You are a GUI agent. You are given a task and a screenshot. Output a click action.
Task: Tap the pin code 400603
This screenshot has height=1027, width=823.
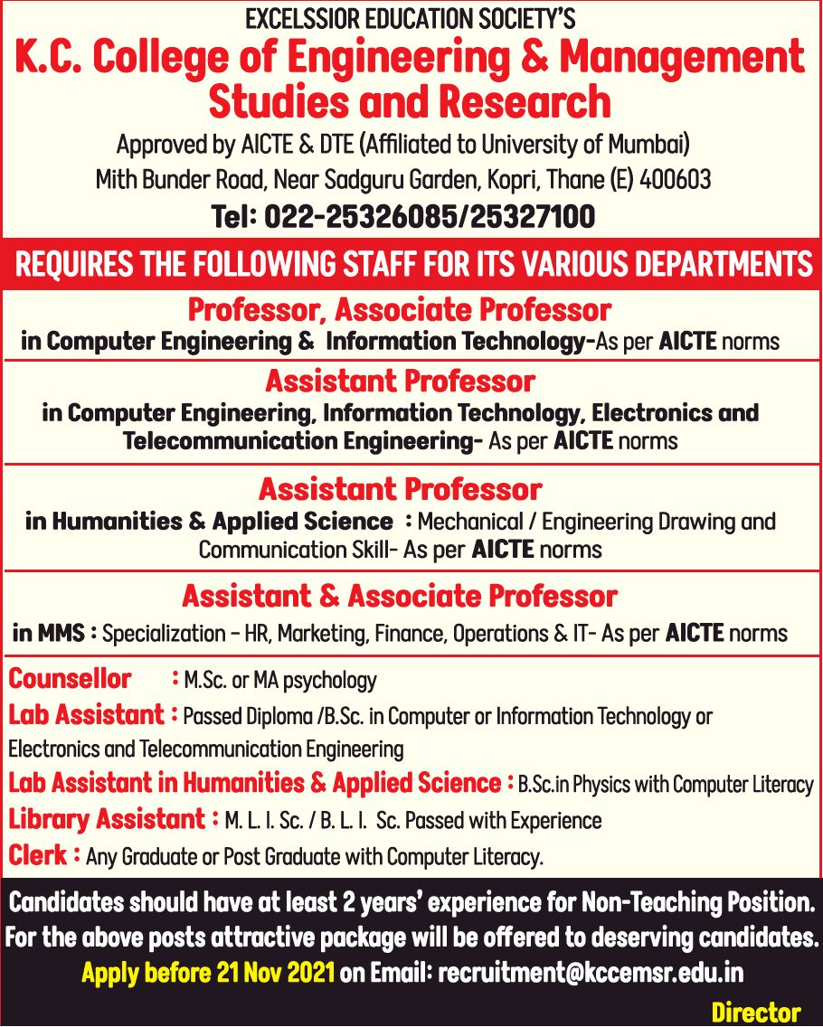click(x=676, y=179)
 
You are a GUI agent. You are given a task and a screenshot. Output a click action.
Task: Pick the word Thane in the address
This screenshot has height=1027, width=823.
click(x=576, y=179)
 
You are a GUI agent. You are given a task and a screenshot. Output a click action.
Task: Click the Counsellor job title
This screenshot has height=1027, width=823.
click(x=70, y=679)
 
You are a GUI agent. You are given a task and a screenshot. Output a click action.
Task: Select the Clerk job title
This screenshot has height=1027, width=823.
click(x=38, y=854)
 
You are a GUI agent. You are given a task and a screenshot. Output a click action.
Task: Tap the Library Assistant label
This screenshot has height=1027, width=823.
click(x=107, y=820)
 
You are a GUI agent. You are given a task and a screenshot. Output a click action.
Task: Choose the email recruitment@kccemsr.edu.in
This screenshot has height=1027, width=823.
click(x=591, y=974)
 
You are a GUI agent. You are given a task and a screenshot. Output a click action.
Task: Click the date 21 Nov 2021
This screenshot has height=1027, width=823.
click(x=275, y=974)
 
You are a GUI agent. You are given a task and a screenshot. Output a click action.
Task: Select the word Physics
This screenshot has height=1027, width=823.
click(x=601, y=784)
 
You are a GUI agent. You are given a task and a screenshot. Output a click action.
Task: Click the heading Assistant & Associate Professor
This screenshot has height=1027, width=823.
click(x=400, y=597)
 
